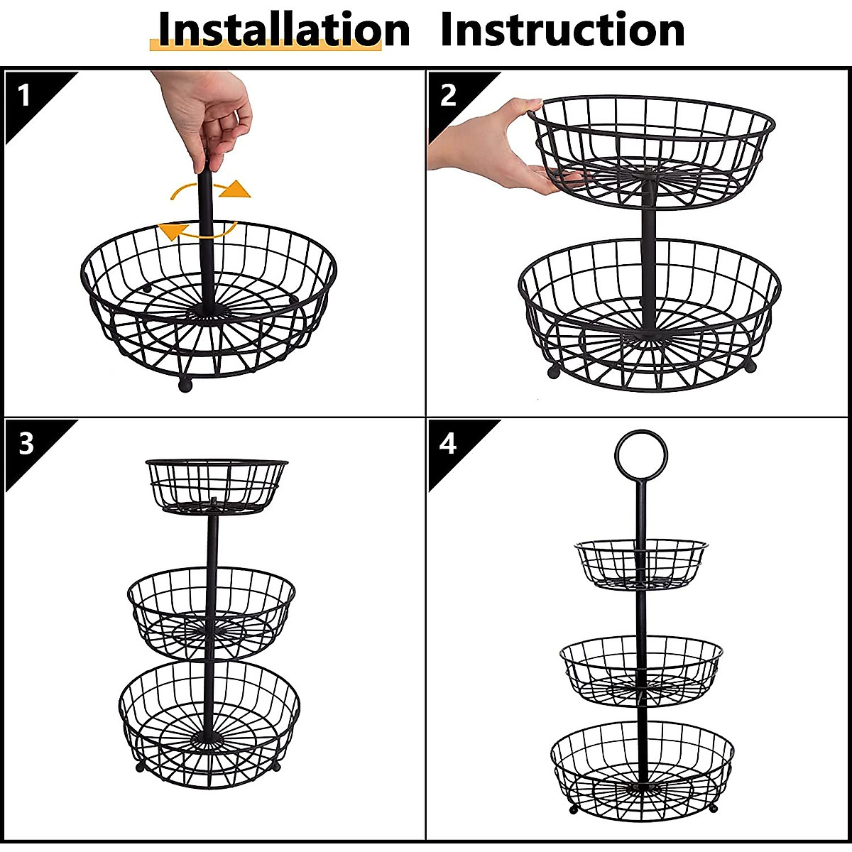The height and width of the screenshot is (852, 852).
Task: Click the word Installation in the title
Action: click(x=283, y=30)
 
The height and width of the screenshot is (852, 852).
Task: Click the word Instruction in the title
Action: click(x=562, y=30)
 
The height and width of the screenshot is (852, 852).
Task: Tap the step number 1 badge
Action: click(x=26, y=95)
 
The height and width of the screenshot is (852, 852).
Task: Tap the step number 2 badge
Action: click(x=448, y=95)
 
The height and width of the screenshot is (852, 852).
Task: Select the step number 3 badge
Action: click(x=26, y=444)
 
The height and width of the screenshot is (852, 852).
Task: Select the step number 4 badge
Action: click(x=448, y=444)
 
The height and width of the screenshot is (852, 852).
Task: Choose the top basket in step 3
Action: click(x=216, y=485)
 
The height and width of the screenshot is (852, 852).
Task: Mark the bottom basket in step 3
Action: click(x=209, y=724)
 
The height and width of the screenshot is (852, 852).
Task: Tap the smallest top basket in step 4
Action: click(x=641, y=564)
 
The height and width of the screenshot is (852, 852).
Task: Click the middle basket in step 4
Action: click(x=641, y=670)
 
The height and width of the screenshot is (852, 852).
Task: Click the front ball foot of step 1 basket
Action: click(x=185, y=386)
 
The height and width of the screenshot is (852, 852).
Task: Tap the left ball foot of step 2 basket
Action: click(x=553, y=371)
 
